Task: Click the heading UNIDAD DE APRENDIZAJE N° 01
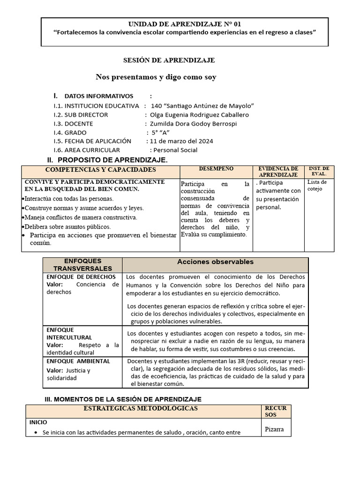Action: [185, 23]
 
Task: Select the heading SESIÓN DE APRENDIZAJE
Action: [169, 60]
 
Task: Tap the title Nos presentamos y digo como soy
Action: [156, 77]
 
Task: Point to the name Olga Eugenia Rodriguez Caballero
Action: [199, 114]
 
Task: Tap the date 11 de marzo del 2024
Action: [180, 141]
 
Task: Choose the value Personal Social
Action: [175, 150]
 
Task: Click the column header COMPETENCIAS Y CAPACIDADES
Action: [100, 169]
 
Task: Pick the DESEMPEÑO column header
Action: [216, 168]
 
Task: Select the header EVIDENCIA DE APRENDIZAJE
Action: [278, 171]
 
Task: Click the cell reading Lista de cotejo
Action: [317, 185]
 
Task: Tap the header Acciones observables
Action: [215, 262]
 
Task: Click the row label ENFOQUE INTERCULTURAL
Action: [69, 333]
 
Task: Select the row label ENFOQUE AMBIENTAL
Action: [78, 361]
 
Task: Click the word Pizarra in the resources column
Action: [275, 429]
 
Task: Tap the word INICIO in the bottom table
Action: [38, 422]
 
